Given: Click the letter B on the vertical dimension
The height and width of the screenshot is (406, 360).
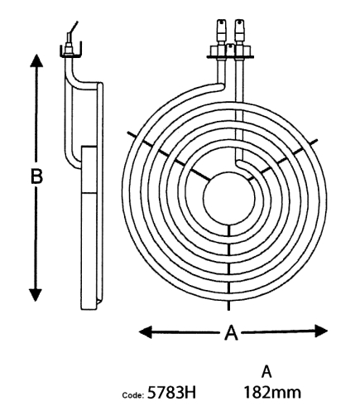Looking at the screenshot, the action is click(36, 176).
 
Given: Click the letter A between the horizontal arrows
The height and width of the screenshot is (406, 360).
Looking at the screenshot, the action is click(231, 332).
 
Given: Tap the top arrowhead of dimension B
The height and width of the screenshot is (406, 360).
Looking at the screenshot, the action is click(36, 60).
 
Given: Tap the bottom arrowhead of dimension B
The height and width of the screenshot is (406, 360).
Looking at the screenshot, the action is click(36, 294).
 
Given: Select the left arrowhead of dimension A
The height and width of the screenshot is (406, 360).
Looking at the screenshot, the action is click(145, 331).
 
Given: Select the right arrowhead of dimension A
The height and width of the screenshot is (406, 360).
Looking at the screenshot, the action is click(321, 331).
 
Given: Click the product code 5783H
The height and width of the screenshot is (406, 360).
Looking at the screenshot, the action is click(171, 392).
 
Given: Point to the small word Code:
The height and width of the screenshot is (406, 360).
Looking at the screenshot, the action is click(133, 395).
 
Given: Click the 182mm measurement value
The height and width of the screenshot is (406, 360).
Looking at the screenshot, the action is click(272, 392).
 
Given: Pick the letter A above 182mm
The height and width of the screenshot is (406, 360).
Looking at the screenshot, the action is click(266, 372).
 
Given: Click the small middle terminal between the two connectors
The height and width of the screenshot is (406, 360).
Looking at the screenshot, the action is click(230, 50).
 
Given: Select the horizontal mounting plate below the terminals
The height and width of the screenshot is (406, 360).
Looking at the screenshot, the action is click(230, 57).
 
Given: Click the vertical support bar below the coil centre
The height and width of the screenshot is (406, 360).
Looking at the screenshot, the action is click(228, 267).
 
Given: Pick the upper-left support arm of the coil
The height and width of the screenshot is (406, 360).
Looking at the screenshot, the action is click(168, 157).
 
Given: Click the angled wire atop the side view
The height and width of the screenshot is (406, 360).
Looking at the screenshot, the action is click(72, 30).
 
